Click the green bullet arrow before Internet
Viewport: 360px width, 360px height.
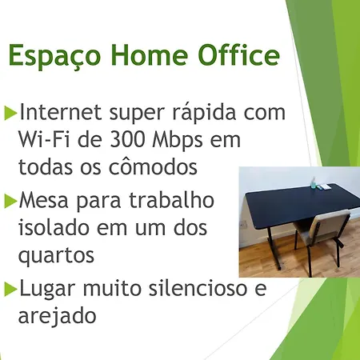(10, 113)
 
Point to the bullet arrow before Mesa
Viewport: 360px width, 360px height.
(10, 202)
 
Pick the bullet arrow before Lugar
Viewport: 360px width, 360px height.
(10, 289)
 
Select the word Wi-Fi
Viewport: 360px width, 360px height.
(45, 139)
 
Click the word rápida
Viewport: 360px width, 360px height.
(205, 113)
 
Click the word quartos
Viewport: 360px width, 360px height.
(56, 255)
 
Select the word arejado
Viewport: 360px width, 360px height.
(58, 316)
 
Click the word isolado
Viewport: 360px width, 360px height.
(54, 227)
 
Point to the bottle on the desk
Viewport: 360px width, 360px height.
(314, 182)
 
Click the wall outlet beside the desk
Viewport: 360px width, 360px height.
(244, 224)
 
